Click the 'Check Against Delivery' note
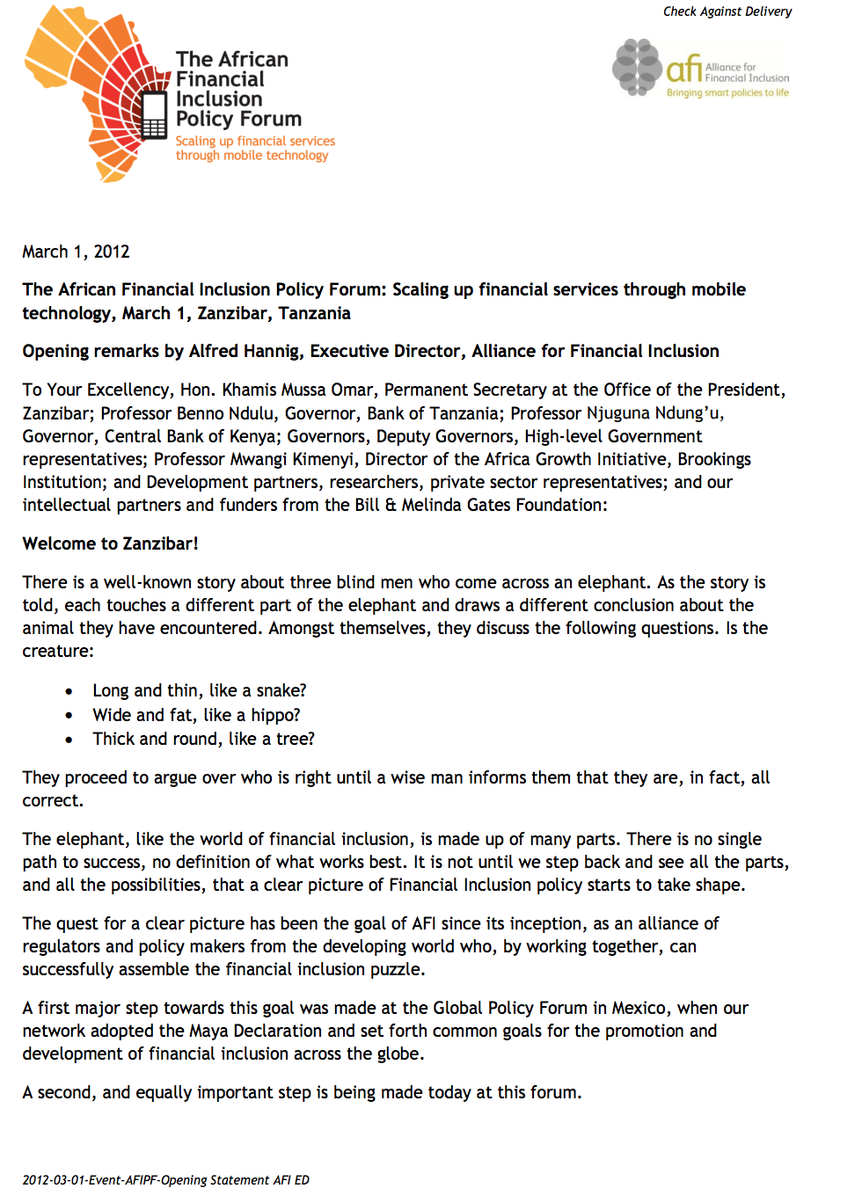click(x=727, y=11)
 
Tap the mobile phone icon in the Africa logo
click(x=154, y=115)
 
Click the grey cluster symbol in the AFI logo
click(x=637, y=67)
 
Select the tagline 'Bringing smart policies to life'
click(x=727, y=92)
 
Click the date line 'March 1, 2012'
click(x=76, y=252)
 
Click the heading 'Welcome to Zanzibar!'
click(x=110, y=543)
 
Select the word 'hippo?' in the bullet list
click(x=275, y=715)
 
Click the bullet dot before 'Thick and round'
click(x=69, y=740)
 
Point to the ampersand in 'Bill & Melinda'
click(x=391, y=506)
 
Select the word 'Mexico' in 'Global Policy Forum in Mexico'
click(x=639, y=1008)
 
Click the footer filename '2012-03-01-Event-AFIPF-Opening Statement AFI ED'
click(x=166, y=1180)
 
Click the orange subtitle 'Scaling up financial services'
click(x=255, y=141)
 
